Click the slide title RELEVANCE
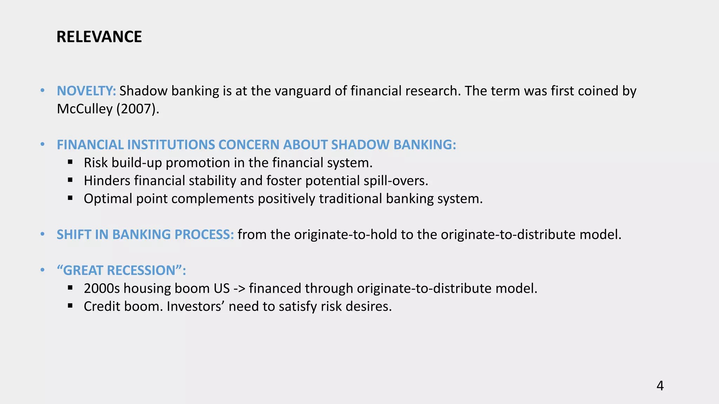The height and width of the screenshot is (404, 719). [x=99, y=37]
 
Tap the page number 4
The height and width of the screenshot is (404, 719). [x=660, y=386]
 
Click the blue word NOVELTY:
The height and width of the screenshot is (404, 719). [x=86, y=91]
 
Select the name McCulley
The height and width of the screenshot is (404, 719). [x=85, y=109]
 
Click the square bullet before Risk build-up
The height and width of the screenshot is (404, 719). [x=70, y=162]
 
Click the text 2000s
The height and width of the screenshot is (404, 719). [x=102, y=289]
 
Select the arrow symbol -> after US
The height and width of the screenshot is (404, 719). [x=239, y=289]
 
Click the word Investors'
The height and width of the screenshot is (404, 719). [x=195, y=307]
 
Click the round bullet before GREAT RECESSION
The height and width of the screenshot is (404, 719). [x=42, y=270]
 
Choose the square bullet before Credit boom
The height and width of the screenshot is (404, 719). [x=70, y=306]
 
